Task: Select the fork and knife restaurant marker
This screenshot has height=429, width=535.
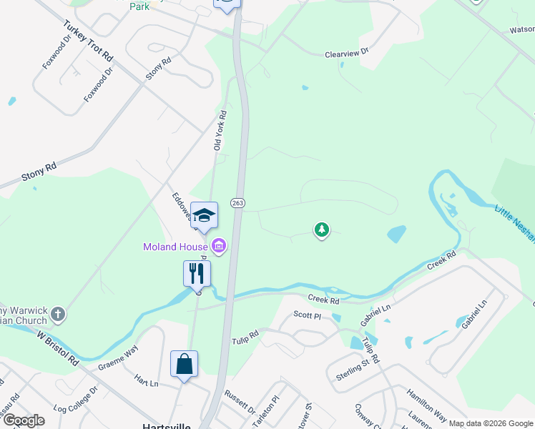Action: [x=197, y=273]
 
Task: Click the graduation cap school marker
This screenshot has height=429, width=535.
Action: [x=204, y=215]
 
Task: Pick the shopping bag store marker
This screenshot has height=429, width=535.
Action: [x=184, y=363]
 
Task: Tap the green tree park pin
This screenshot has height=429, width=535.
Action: [x=322, y=230]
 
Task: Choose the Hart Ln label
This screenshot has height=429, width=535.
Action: [x=146, y=383]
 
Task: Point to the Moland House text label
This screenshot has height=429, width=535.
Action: [x=176, y=247]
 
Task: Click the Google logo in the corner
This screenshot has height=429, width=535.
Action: [x=24, y=420]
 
